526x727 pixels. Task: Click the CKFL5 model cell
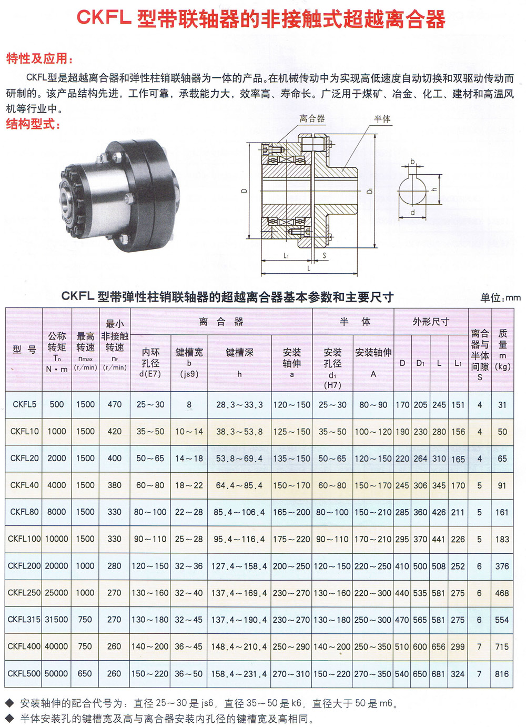point(24,404)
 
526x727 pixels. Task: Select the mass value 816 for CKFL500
point(502,673)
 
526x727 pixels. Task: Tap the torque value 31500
point(56,620)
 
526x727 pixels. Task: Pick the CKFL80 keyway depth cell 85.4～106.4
point(239,512)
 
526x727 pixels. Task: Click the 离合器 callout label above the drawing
point(311,118)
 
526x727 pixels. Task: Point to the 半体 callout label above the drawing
point(382,119)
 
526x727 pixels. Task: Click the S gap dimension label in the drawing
point(324,255)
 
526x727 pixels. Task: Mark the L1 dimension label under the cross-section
point(286,256)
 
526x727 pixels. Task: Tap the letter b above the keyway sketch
point(412,161)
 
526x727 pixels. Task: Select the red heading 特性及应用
point(39,58)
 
